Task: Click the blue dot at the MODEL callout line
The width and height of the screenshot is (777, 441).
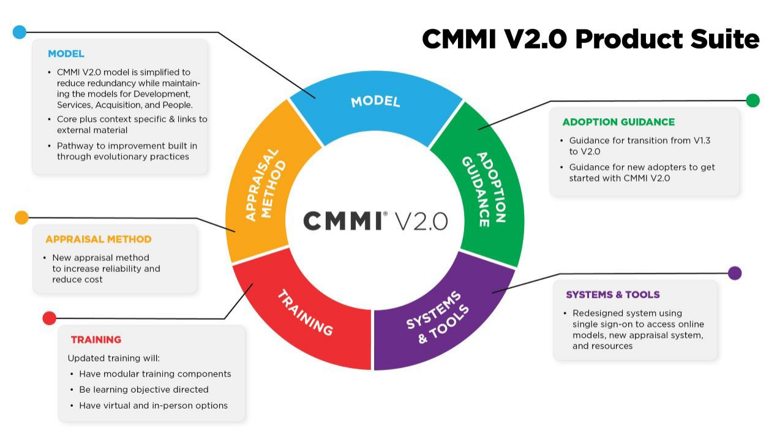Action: (20, 32)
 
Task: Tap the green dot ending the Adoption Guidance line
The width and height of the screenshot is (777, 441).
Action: (753, 100)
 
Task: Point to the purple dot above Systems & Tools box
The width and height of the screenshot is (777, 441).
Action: (735, 273)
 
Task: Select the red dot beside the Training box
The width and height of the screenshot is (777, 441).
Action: (50, 318)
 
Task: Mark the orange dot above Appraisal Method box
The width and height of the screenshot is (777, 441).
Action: (21, 217)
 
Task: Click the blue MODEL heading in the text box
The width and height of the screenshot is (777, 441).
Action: (66, 54)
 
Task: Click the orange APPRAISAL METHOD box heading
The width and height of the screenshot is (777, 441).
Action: (99, 239)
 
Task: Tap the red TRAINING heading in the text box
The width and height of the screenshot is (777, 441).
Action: (96, 339)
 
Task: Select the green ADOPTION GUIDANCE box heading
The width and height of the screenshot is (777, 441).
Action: (618, 122)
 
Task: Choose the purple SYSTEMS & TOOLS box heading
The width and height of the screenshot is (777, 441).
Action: (613, 295)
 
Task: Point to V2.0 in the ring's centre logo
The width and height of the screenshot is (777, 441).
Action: (422, 221)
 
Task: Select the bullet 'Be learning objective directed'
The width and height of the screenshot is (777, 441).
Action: (144, 390)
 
